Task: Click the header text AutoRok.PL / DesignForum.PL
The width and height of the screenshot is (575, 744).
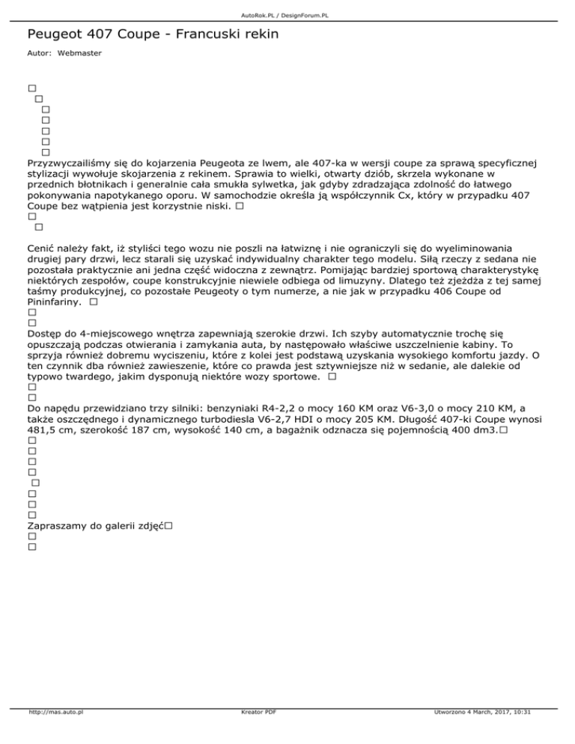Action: coord(287,15)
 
